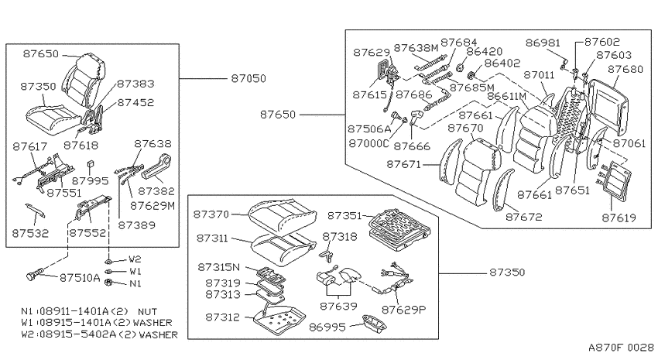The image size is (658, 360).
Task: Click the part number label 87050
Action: pos(248,78)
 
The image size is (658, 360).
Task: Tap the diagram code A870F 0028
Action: pos(621,348)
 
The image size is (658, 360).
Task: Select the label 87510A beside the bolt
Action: pos(80,278)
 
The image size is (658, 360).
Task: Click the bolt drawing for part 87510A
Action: pos(35,274)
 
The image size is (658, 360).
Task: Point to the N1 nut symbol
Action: pos(108,282)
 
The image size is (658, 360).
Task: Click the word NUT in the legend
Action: pos(147,312)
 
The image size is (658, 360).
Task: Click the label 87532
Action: pos(30,233)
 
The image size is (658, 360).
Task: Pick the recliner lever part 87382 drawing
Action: pos(157,167)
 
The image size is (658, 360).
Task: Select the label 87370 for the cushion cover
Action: pos(211,214)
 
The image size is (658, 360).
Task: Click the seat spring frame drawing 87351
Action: pos(399,231)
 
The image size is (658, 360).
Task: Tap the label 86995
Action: pos(327,327)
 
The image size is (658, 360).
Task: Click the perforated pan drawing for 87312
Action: pos(279,317)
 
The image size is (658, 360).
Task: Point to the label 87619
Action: pos(619,218)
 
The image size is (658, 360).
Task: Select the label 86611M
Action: pos(506,97)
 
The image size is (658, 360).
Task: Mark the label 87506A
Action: pos(369,129)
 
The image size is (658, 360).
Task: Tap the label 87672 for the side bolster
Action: pos(524,217)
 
